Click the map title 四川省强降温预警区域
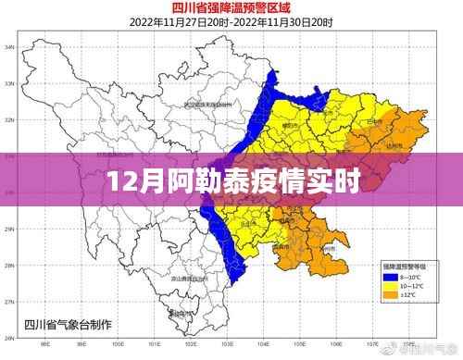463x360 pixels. pyautogui.click(x=231, y=7)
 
